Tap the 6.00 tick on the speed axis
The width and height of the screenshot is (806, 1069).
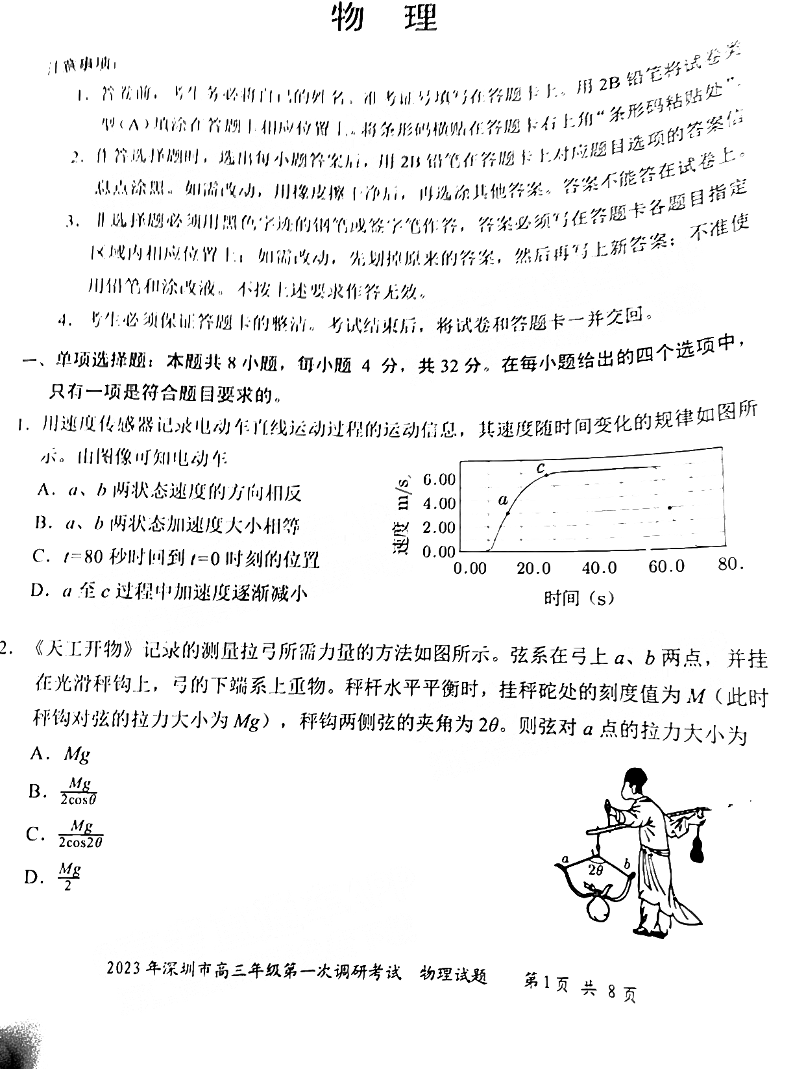coord(439,480)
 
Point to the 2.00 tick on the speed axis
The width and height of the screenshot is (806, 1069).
coord(439,527)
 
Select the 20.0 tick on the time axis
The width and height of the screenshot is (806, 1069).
coord(533,569)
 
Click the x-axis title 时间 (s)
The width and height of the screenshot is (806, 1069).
coord(579,597)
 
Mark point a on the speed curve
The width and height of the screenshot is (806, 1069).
coord(507,513)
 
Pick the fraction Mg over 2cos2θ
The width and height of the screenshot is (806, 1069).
coord(80,834)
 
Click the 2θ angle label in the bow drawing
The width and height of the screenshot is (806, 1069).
coord(595,869)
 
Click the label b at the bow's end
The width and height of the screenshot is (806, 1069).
coord(627,863)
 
